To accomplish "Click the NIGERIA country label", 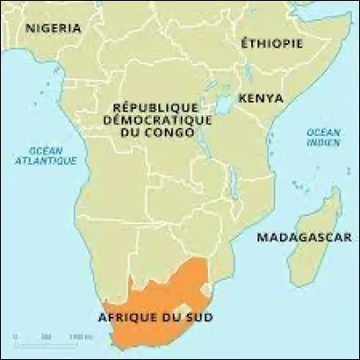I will (52, 28).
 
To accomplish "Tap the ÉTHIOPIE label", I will (271, 42).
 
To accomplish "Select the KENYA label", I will (261, 97).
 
